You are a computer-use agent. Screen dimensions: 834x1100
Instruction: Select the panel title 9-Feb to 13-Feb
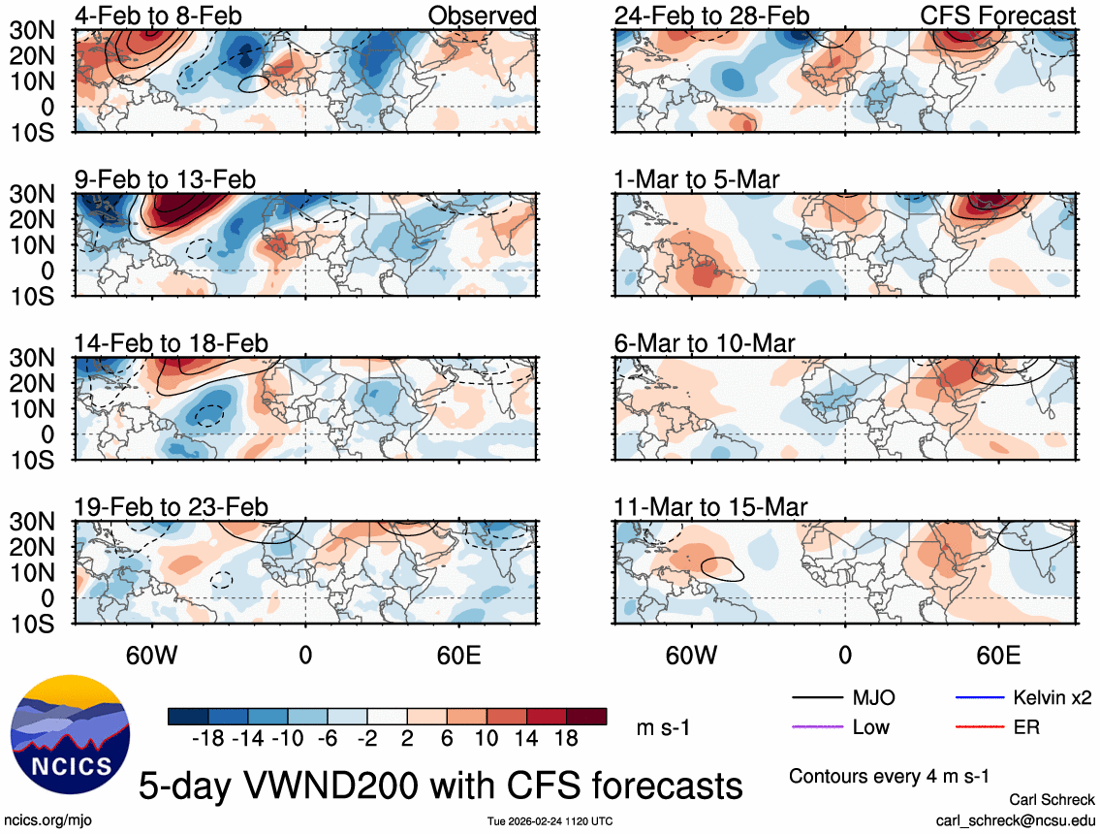click(166, 179)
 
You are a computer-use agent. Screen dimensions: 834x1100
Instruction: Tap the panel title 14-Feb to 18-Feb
click(172, 343)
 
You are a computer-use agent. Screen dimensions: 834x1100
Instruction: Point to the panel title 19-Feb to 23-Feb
click(172, 507)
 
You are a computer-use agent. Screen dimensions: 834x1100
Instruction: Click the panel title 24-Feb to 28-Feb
click(711, 16)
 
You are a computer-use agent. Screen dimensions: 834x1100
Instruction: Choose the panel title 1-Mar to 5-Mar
click(697, 179)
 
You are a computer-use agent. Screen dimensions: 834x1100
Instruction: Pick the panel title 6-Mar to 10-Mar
click(705, 343)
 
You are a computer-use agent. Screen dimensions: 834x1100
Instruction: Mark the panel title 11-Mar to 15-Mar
click(711, 507)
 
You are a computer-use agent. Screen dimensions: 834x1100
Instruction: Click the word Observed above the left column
click(482, 16)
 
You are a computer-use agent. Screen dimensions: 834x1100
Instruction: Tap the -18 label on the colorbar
click(209, 739)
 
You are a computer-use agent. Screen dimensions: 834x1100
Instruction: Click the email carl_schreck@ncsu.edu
click(1016, 819)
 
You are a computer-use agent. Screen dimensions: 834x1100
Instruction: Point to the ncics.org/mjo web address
click(47, 819)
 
